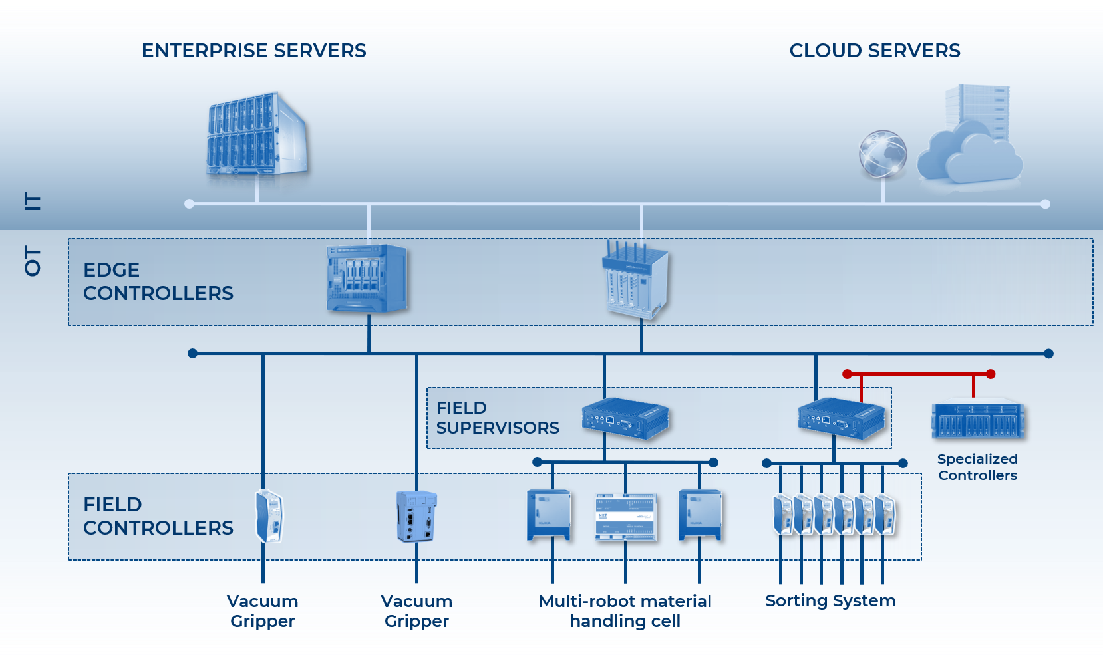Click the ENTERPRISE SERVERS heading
click(253, 51)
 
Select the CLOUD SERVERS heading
click(874, 51)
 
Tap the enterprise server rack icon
click(257, 136)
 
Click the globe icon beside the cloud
click(882, 154)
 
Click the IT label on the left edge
click(32, 201)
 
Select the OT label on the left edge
click(32, 260)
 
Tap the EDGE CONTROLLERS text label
click(158, 281)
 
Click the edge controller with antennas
click(635, 280)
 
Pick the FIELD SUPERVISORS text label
click(497, 418)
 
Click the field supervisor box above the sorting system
click(842, 419)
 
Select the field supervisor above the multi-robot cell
click(625, 419)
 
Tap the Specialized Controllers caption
click(977, 467)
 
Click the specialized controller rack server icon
click(978, 419)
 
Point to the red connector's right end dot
click(991, 374)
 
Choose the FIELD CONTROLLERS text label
click(158, 516)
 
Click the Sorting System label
click(830, 600)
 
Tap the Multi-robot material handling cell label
click(625, 611)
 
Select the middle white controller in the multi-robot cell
click(625, 517)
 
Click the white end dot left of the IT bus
click(190, 204)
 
